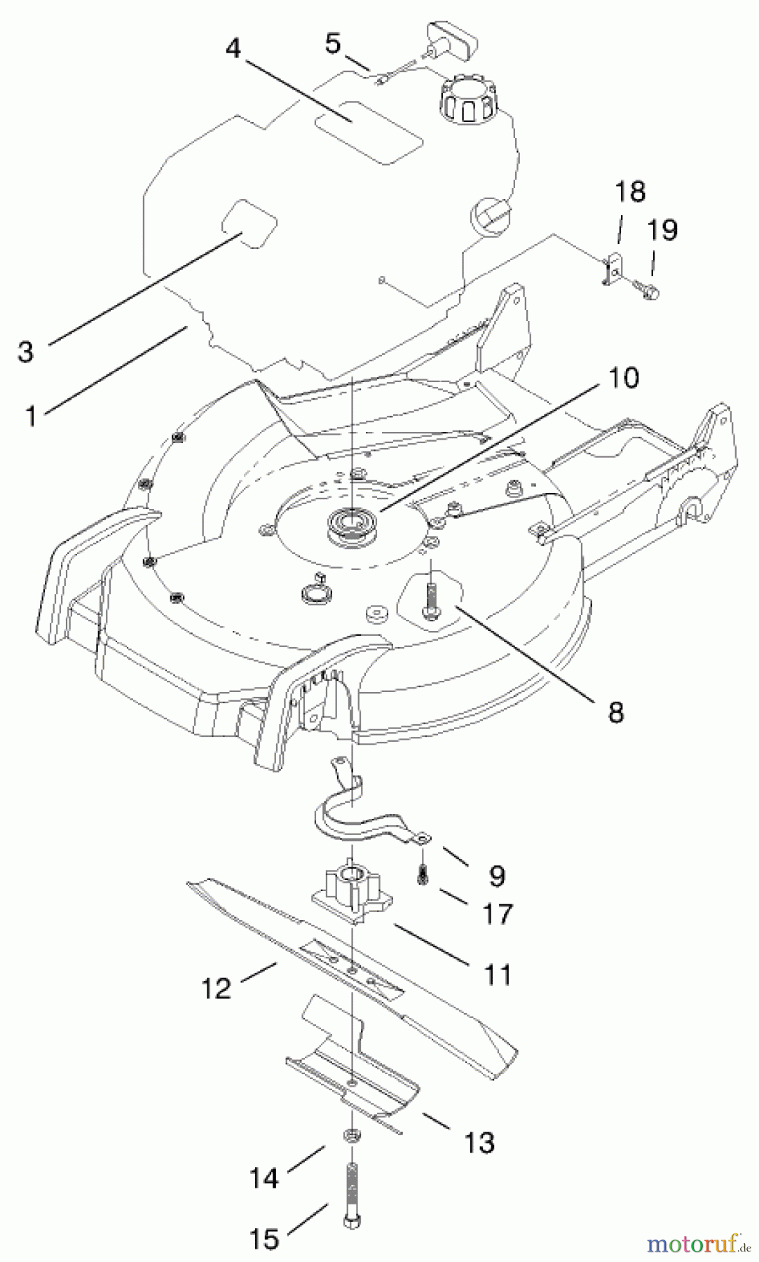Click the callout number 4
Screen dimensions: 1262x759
tap(233, 48)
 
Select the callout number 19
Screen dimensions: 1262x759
tap(662, 230)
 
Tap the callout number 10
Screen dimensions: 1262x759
tap(624, 378)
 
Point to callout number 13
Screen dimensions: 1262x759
tap(479, 1142)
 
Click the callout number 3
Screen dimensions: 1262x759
tap(26, 351)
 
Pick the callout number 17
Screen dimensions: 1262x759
tap(497, 914)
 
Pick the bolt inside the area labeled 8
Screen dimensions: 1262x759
tap(429, 595)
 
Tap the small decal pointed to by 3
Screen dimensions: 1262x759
tap(249, 222)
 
